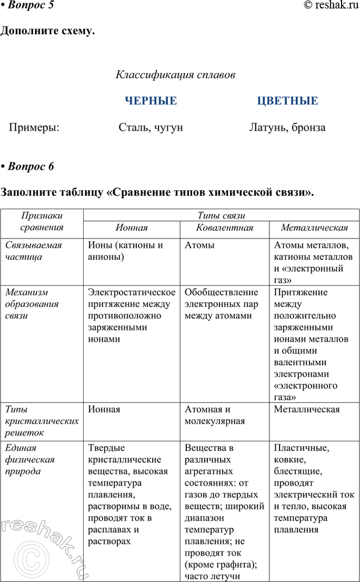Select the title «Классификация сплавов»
coord(175,75)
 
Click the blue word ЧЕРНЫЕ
coord(151,101)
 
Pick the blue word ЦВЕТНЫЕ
coord(287,101)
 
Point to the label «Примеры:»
coord(34,128)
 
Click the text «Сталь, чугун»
coord(151,128)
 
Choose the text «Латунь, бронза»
coord(287,128)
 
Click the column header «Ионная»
coord(131,228)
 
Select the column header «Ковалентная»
coord(224,228)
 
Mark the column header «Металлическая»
coord(314,228)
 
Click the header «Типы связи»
coord(221,215)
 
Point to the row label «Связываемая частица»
coord(34,251)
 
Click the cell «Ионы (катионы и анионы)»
coord(125,251)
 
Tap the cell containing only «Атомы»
coord(199,245)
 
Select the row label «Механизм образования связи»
coord(31,304)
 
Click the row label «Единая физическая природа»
coord(29,460)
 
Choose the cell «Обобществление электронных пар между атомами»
coord(222,304)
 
